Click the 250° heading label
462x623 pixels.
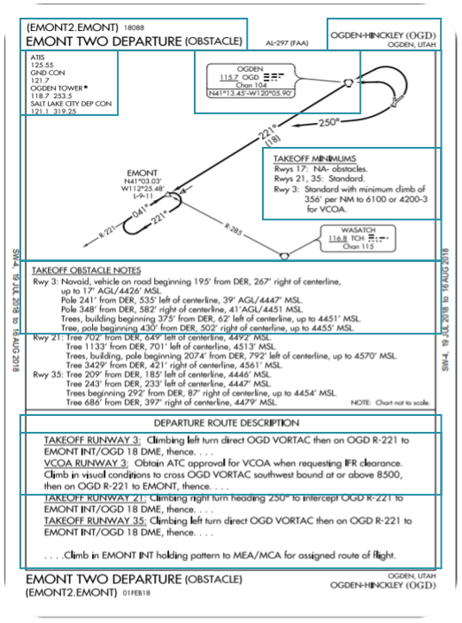click(328, 121)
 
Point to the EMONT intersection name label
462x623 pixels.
click(142, 171)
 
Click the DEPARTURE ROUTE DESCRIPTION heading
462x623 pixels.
click(227, 423)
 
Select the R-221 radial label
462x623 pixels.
click(107, 235)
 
